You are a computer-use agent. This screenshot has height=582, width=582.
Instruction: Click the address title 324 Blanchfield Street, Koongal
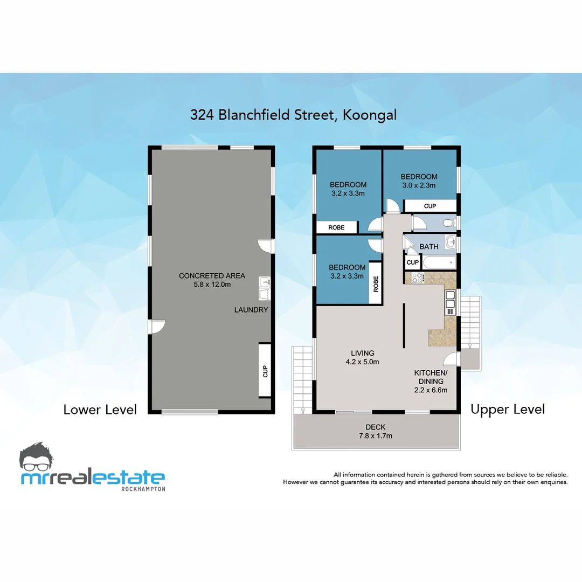293,115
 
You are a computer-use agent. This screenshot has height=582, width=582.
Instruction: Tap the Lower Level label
100,410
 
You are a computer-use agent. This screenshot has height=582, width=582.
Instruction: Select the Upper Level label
507,410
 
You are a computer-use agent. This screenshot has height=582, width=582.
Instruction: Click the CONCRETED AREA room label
212,276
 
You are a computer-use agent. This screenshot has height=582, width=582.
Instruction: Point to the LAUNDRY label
251,310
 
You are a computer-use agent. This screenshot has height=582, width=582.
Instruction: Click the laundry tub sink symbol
264,288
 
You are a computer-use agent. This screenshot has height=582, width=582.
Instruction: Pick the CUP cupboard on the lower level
265,371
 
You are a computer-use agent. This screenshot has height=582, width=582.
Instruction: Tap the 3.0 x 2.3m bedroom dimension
419,185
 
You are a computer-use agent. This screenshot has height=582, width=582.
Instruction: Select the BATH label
429,247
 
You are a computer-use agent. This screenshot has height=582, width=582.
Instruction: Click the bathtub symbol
439,263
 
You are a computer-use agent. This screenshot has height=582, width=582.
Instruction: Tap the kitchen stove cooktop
417,278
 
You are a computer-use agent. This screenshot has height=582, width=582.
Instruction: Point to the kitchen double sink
450,302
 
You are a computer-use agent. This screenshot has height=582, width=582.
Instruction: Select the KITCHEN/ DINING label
431,377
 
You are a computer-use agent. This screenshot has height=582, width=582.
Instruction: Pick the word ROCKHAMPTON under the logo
143,489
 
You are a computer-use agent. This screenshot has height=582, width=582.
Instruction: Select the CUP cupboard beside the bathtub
412,262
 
